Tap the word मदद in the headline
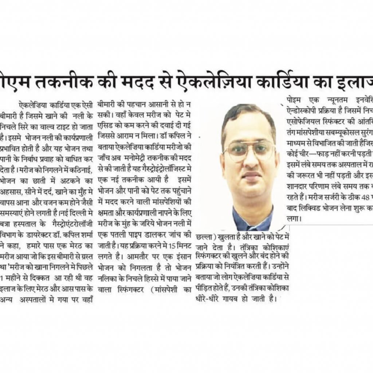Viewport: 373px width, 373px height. click(x=151, y=79)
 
